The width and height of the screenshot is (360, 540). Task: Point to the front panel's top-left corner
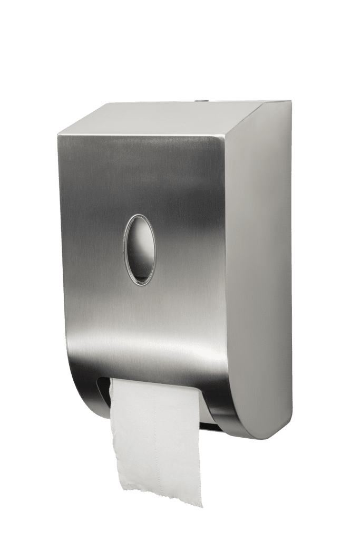(59, 134)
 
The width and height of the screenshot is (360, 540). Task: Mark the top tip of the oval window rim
(139, 215)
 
